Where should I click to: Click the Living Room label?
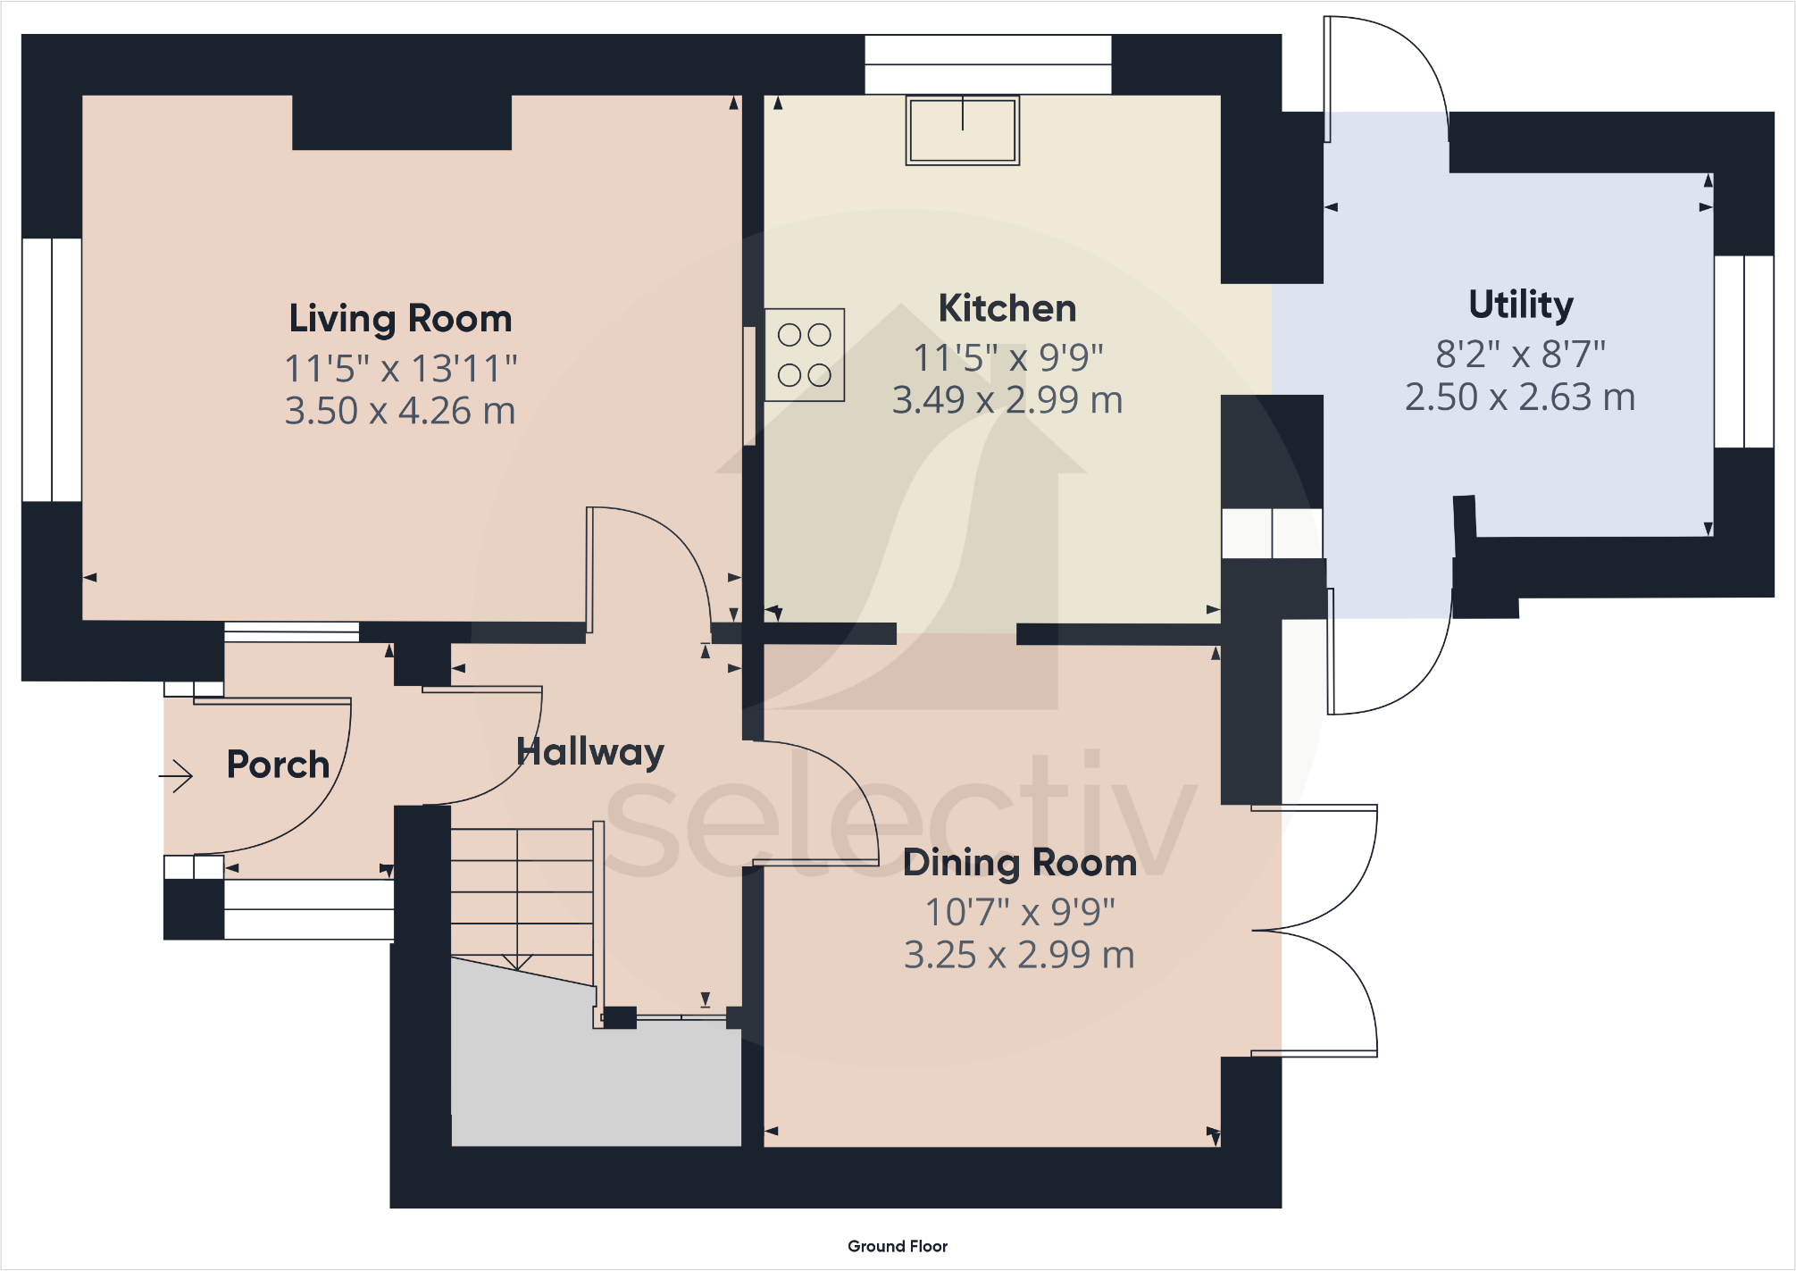coord(400,319)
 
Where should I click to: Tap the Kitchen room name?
coord(1007,309)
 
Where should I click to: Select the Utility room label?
coord(1521,305)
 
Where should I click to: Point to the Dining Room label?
coord(1020,863)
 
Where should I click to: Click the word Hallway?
coord(590,752)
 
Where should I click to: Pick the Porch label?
coord(278,765)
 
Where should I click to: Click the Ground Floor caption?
coord(898,1246)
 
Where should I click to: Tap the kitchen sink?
coord(963,130)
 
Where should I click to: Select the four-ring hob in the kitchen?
coord(805,355)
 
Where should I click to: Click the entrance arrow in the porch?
coord(176,775)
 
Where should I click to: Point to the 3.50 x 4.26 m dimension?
coord(400,411)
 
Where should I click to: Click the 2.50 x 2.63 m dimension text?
coord(1520,397)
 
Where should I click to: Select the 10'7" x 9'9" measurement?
coord(1020,912)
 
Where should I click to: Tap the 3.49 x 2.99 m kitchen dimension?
coord(1007,400)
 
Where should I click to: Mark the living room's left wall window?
coord(52,370)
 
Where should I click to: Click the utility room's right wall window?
coord(1744,351)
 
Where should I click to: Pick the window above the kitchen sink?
coord(988,64)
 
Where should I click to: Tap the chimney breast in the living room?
coord(402,122)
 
